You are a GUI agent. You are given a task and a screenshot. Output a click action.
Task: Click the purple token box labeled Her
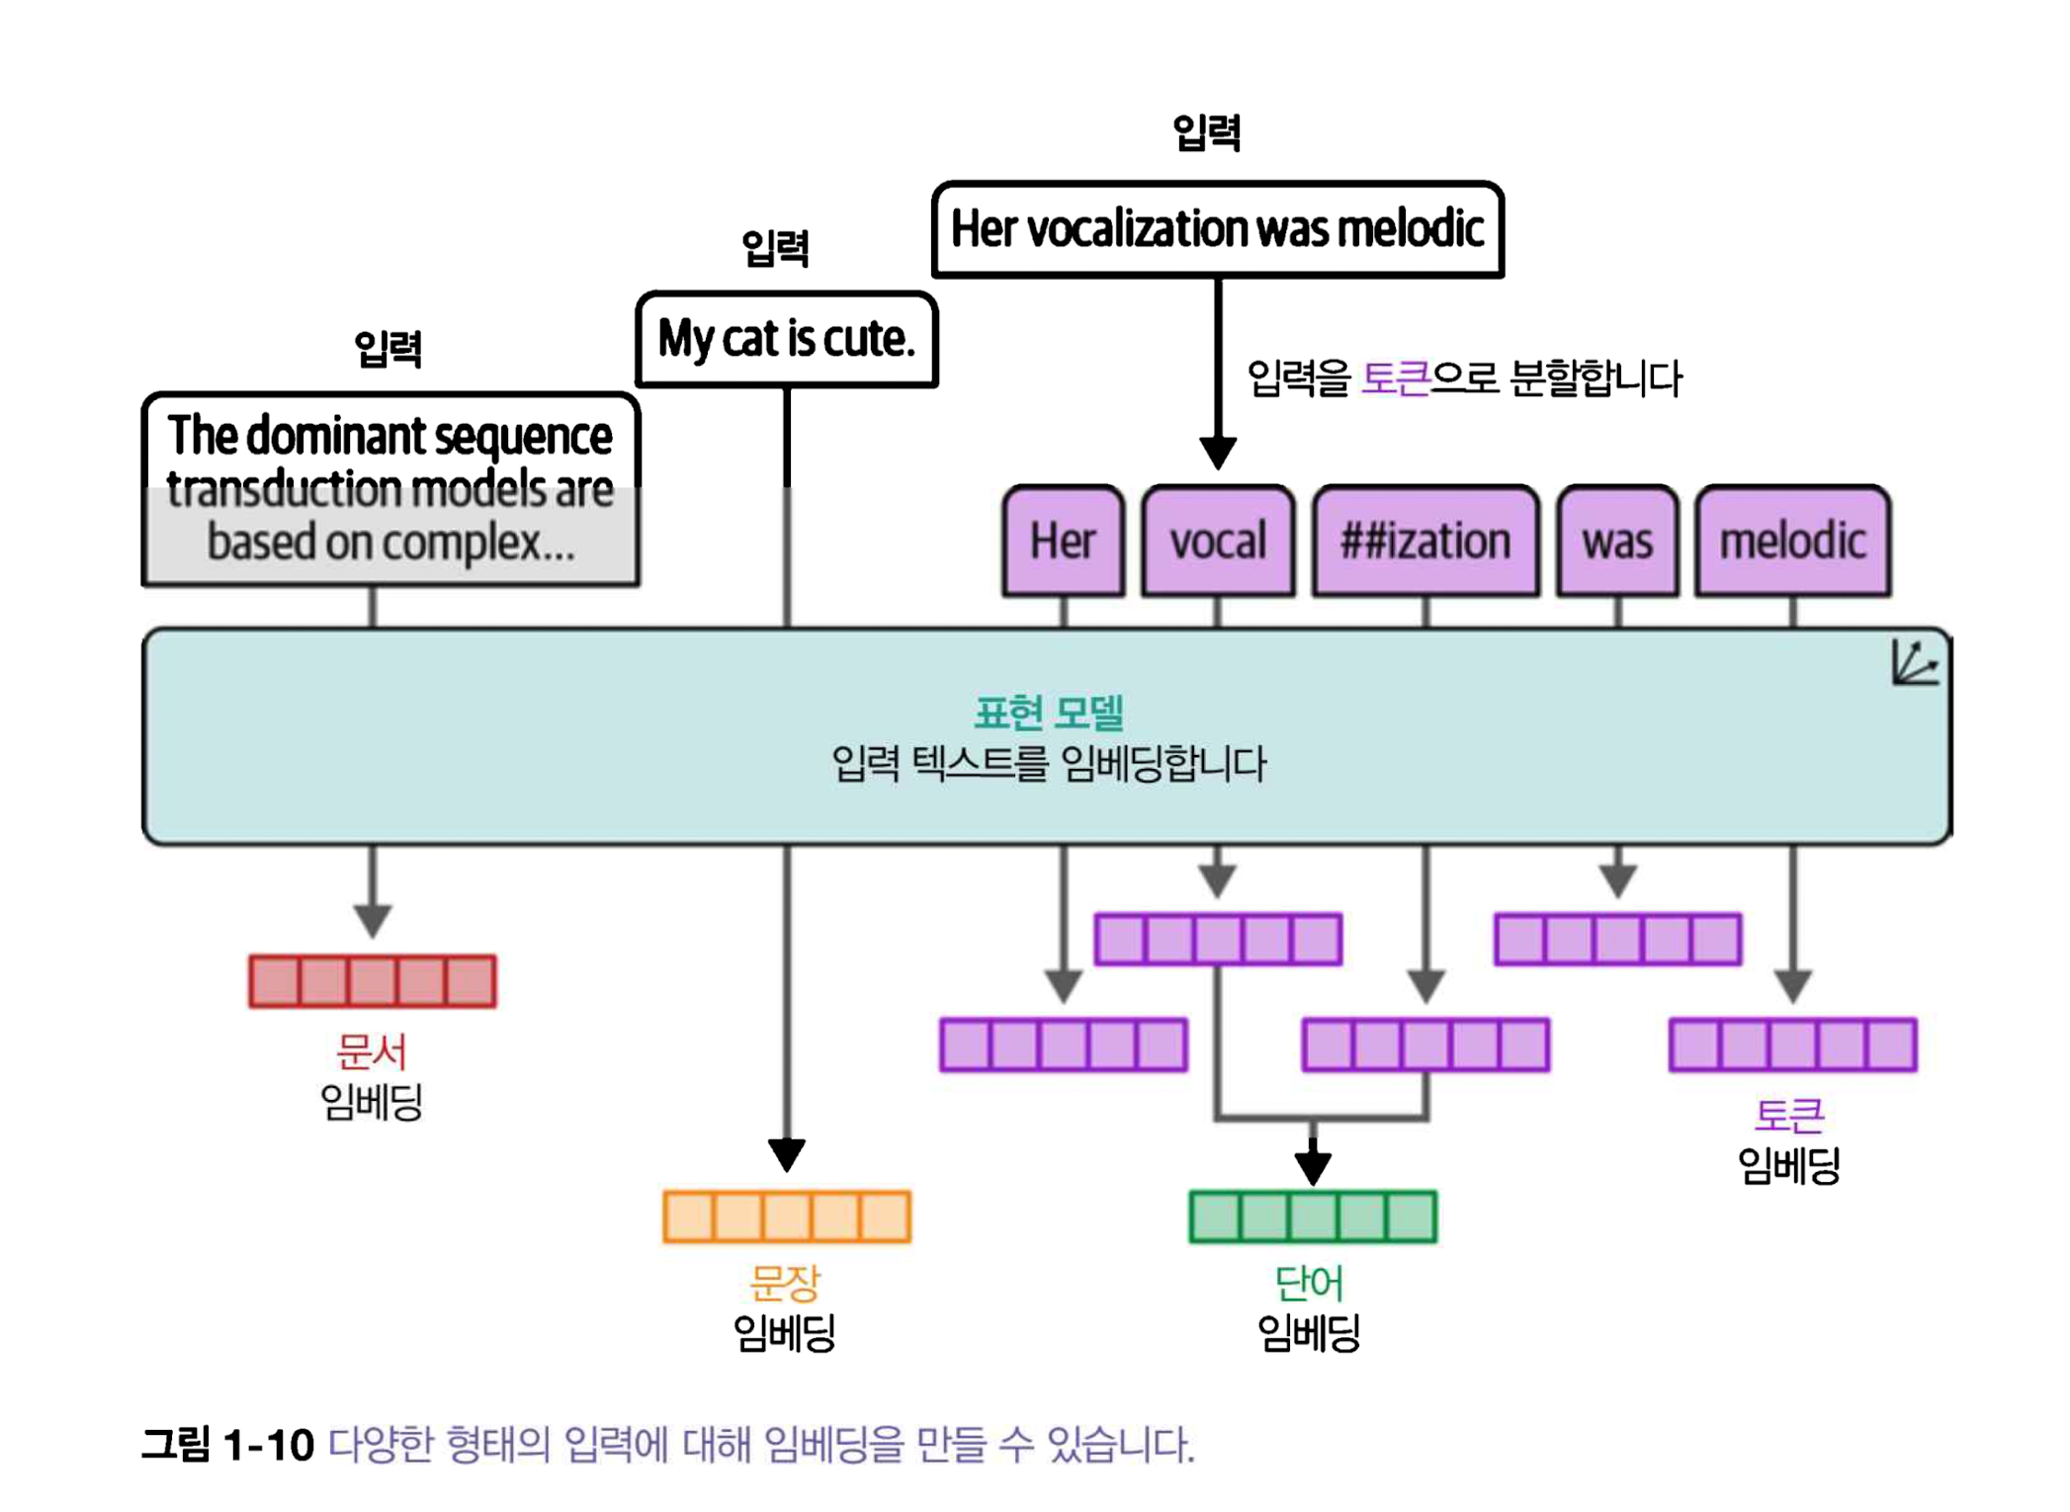click(x=1063, y=541)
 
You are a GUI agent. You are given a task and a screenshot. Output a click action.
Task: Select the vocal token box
click(x=1218, y=541)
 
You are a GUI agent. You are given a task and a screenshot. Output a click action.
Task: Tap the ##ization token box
click(x=1425, y=541)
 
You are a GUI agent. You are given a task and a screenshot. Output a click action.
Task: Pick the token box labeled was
click(x=1617, y=541)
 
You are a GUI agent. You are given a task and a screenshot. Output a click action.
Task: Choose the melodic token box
click(x=1792, y=541)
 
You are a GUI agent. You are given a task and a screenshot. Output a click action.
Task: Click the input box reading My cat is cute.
click(x=787, y=339)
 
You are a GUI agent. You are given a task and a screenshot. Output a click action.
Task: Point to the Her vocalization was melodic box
click(x=1217, y=229)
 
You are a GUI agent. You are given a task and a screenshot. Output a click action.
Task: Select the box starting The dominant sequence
click(x=390, y=489)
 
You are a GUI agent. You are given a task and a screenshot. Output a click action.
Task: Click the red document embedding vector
click(x=373, y=980)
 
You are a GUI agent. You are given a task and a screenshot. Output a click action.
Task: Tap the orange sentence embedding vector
click(x=787, y=1216)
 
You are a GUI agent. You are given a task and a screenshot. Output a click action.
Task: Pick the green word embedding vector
click(x=1313, y=1216)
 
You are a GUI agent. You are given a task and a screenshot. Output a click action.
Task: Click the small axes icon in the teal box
click(x=1915, y=663)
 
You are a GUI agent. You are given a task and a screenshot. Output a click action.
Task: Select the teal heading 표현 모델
click(x=1049, y=712)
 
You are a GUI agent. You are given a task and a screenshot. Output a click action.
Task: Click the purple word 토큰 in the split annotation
click(x=1395, y=378)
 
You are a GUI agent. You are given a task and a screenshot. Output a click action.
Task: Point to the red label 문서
click(x=372, y=1050)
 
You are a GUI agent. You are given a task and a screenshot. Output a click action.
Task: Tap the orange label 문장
click(x=785, y=1283)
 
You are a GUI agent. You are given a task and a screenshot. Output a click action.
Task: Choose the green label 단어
click(x=1309, y=1283)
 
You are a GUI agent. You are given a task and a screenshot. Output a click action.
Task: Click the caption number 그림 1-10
click(x=227, y=1445)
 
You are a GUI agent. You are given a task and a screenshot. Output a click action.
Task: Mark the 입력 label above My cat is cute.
click(x=776, y=247)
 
